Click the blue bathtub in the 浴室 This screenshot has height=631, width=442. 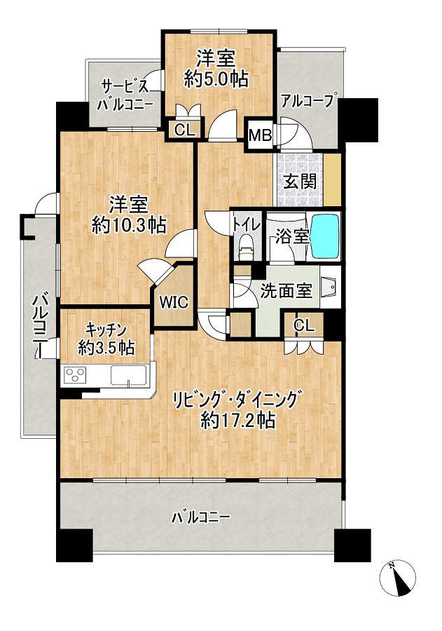tap(325, 237)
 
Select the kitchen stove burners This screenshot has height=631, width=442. tap(75, 376)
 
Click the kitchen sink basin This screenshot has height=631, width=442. tap(128, 375)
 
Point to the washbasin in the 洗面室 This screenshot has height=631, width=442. tap(330, 286)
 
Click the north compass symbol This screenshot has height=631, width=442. tap(397, 578)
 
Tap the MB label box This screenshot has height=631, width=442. tap(260, 135)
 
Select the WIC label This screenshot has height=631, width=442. tap(174, 301)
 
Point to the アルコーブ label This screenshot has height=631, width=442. tap(308, 100)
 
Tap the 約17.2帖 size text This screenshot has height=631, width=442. tap(238, 421)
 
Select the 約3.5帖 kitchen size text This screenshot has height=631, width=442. tap(106, 348)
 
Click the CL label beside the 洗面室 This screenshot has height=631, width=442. tap(304, 325)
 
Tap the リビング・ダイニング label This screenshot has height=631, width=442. tap(237, 400)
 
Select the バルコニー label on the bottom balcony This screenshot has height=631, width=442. tap(201, 517)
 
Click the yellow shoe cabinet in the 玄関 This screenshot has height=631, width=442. tap(333, 179)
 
